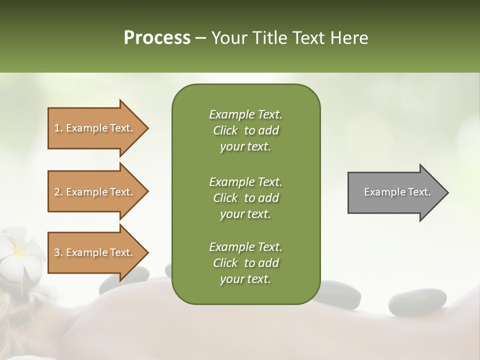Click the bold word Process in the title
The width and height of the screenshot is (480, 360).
click(157, 38)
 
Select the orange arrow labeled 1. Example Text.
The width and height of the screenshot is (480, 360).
click(95, 128)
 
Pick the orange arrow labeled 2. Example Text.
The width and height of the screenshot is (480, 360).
click(95, 192)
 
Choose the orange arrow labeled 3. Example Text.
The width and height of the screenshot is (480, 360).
click(95, 252)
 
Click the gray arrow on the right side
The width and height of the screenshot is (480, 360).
click(395, 192)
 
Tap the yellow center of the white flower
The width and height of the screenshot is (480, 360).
click(19, 249)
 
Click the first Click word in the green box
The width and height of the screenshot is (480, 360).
click(225, 131)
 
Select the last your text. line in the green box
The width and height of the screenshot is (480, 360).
click(245, 279)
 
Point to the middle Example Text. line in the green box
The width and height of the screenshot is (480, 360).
click(245, 181)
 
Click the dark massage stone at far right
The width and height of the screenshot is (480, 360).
click(410, 302)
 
